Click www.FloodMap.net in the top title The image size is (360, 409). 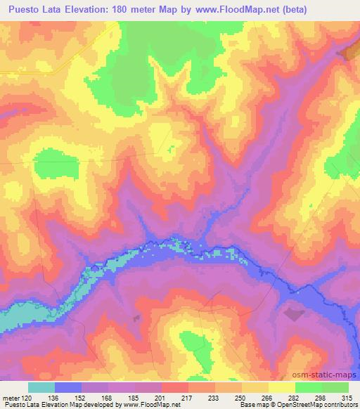[264, 9]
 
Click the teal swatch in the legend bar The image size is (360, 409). [41, 387]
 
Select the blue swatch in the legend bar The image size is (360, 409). [68, 387]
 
